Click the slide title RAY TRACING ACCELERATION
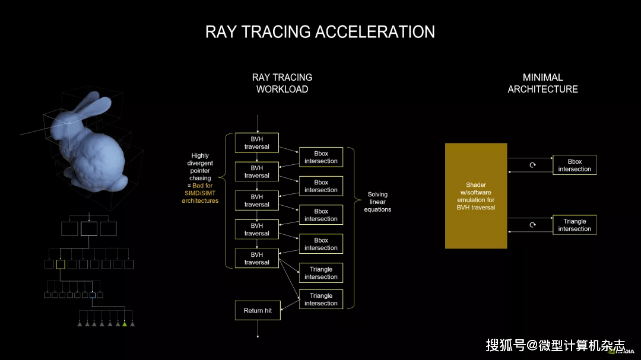pos(320,32)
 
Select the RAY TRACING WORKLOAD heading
pos(282,84)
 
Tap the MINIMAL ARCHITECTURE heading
pos(543,84)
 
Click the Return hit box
pos(258,311)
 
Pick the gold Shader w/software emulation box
pos(476,196)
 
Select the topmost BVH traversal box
pos(257,142)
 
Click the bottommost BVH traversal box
pos(257,258)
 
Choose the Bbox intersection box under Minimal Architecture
pos(575,165)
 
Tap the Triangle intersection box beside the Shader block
pos(575,225)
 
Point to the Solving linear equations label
pos(377,202)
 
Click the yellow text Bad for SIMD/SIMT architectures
pos(201,193)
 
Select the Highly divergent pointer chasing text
pos(200,167)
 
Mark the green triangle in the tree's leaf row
pos(125,324)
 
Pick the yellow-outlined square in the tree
pos(61,265)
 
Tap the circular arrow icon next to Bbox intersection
pos(532,165)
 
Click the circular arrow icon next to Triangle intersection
pos(532,225)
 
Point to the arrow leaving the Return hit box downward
pos(258,329)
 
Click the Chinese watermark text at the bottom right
pos(555,346)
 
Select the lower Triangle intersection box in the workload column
pos(321,299)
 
